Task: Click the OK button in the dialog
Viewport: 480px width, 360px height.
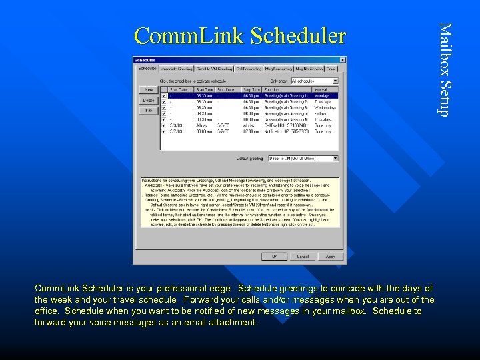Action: (275, 256)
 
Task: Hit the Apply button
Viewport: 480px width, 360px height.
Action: (330, 256)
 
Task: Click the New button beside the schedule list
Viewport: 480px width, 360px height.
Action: (147, 89)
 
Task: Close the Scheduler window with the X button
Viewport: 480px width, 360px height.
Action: (341, 59)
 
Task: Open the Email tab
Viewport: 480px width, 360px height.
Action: (331, 68)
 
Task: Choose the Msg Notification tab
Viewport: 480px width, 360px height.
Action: (306, 68)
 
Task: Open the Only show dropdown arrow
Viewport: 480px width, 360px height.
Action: (335, 81)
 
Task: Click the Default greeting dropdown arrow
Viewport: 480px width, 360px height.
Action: (335, 159)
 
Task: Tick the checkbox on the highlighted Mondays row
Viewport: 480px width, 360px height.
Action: (164, 95)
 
